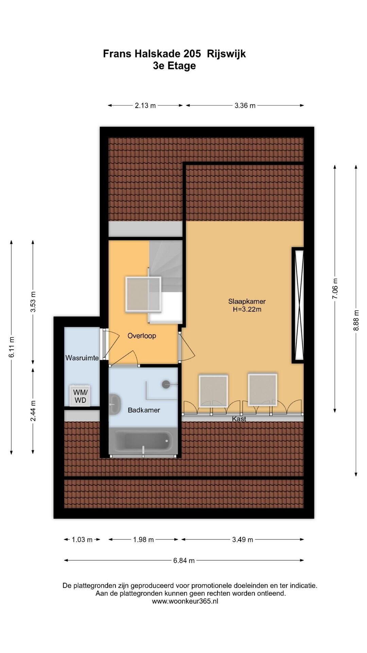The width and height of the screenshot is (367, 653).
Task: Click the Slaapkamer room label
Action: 247,301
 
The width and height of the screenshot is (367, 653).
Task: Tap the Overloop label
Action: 142,336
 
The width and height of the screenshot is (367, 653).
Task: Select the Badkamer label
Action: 144,410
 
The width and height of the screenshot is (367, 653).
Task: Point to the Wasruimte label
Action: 82,358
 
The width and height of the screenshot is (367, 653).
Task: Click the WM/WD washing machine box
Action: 80,396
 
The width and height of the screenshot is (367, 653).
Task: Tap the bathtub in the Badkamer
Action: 143,441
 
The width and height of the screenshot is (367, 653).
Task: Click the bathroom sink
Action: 114,404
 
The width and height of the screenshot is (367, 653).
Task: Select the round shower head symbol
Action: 166,384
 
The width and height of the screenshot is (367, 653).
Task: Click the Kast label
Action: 239,419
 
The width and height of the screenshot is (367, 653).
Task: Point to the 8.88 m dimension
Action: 356,320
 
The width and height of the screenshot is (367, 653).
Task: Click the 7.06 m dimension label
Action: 335,288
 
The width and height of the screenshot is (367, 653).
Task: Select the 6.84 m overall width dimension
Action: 184,560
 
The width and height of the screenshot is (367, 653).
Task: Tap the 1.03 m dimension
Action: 82,539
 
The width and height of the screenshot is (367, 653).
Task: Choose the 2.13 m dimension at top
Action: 145,105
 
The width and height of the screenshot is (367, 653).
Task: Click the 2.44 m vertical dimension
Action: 33,411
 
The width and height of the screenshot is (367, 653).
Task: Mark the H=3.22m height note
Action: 247,309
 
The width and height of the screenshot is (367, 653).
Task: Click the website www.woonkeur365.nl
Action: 185,601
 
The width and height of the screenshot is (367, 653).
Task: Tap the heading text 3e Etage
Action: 174,66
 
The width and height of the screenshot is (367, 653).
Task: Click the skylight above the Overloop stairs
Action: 143,294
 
